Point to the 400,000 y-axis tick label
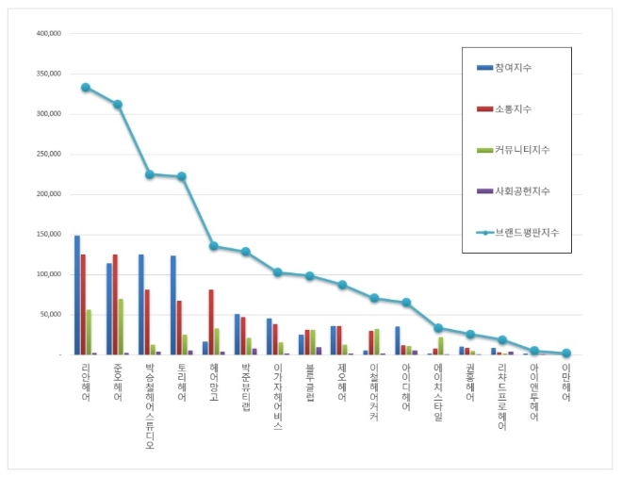48,33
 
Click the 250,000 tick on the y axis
48,154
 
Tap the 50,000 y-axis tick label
50,314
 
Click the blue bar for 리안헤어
77,295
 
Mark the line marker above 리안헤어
86,87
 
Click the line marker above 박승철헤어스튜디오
149,174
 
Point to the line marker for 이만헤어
566,354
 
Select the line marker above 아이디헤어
406,303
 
